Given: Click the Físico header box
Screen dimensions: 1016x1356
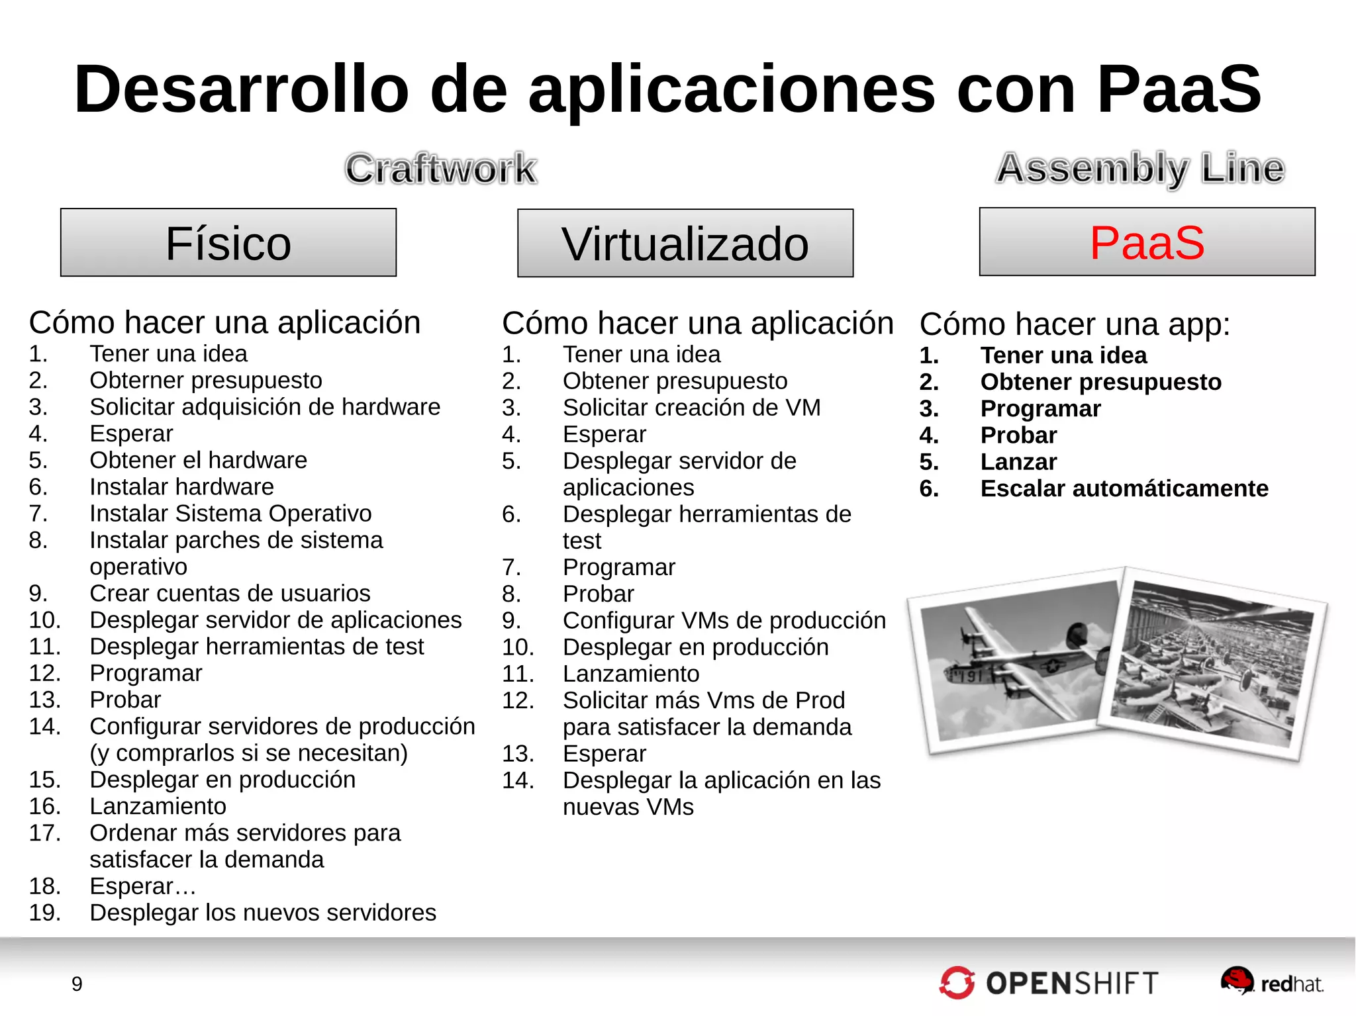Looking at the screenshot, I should point(228,243).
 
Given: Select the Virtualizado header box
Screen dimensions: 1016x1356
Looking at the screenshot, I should point(685,244).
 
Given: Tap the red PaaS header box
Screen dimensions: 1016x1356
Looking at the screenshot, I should point(1147,242).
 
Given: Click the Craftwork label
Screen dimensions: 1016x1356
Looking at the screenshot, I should point(441,168).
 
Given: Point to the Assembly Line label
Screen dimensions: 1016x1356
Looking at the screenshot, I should point(1140,168).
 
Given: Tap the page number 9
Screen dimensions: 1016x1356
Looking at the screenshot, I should point(77,984).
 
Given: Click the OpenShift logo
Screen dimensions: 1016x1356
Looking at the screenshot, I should point(1049,983).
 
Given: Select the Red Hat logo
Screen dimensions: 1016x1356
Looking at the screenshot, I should point(1272,982).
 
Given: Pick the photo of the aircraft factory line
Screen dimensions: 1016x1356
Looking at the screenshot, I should point(1212,665).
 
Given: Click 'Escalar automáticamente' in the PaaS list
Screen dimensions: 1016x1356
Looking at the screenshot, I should point(1124,488).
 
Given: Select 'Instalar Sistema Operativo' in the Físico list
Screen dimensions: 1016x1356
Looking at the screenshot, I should point(230,514).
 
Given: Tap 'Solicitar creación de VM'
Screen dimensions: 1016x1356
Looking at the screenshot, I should point(691,408).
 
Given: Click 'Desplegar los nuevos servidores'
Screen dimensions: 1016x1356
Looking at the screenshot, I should point(263,913).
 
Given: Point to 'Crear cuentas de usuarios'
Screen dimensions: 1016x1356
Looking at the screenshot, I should point(230,594).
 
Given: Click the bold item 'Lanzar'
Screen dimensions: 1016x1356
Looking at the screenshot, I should point(1018,462).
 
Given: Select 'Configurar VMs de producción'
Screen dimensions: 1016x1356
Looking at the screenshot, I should point(724,621).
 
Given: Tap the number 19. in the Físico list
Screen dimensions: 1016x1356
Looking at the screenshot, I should point(44,913).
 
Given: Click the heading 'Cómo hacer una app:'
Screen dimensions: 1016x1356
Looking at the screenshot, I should point(1075,324).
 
